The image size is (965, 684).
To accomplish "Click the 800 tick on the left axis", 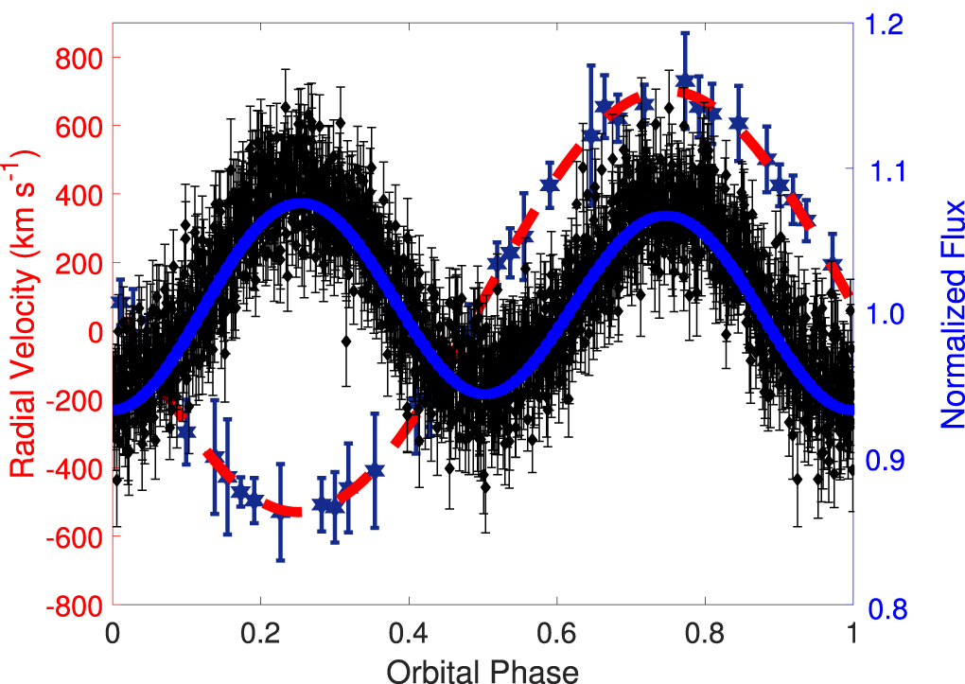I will coord(83,58).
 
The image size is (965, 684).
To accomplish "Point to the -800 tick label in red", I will coord(77,605).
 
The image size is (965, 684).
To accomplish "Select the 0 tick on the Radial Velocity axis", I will coord(96,331).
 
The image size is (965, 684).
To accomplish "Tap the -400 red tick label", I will coord(77,468).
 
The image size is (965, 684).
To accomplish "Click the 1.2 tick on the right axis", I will coord(885,25).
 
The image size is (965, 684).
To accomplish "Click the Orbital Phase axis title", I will coord(482,670).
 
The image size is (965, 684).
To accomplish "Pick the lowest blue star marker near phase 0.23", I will coord(280,511).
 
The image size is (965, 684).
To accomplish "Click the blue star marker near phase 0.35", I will coord(375,470).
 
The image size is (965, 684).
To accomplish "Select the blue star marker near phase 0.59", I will coord(549,185).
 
